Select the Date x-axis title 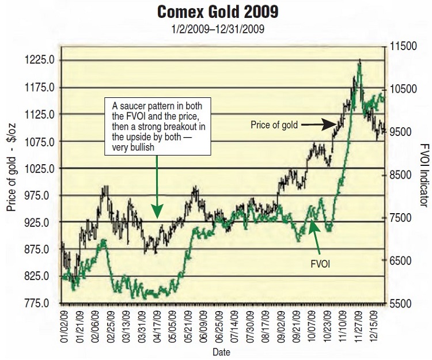pos(222,351)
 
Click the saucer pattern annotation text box pos(157,127)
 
